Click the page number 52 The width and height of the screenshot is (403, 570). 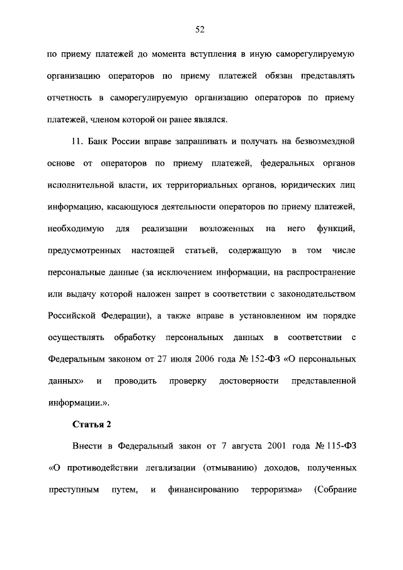201,29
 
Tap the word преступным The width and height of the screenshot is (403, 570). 74,489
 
